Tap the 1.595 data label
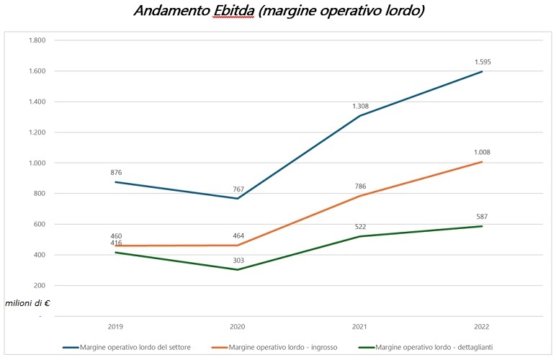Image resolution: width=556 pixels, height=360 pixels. (x=482, y=62)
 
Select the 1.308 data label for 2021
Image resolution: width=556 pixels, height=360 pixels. (x=360, y=107)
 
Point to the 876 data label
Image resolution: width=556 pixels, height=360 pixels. (x=115, y=172)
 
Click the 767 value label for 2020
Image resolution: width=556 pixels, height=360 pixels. (x=238, y=189)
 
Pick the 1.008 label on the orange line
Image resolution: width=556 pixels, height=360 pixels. (x=482, y=152)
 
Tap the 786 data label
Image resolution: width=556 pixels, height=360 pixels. (x=360, y=186)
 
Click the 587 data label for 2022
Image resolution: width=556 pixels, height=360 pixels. (x=482, y=216)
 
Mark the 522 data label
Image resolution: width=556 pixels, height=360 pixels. (x=360, y=227)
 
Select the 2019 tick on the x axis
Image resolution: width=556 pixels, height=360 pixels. (x=115, y=326)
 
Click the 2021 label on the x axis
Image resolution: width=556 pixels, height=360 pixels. (x=360, y=326)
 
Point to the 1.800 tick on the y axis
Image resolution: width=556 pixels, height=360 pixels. (x=36, y=40)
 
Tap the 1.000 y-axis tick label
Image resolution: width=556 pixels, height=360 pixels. (x=36, y=163)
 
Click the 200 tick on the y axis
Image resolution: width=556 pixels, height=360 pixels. (x=38, y=286)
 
